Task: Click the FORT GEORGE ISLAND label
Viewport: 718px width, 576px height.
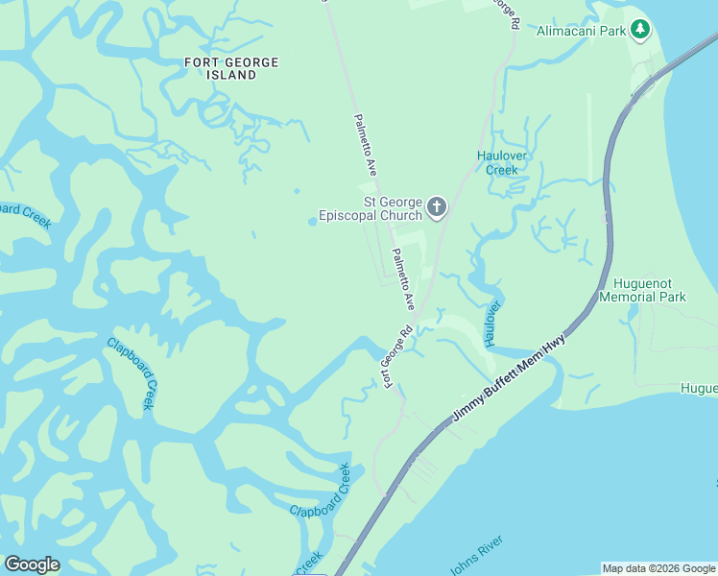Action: [x=231, y=68]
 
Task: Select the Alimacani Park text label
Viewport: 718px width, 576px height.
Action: [x=582, y=31]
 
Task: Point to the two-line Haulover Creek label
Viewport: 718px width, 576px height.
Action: [x=501, y=162]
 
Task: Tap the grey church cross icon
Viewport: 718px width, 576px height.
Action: [x=437, y=207]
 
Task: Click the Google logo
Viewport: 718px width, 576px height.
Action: [x=32, y=564]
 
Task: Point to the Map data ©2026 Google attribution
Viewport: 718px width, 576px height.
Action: [x=658, y=568]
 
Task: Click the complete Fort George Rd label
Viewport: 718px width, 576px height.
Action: [x=397, y=356]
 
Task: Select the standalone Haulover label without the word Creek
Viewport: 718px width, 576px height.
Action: [x=492, y=323]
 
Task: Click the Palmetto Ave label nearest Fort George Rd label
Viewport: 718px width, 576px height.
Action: [x=403, y=278]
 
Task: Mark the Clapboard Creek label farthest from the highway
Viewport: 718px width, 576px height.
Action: [x=131, y=372]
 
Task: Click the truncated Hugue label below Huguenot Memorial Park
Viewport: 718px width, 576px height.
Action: [x=698, y=388]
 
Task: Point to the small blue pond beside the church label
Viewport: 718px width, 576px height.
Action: [x=313, y=222]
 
